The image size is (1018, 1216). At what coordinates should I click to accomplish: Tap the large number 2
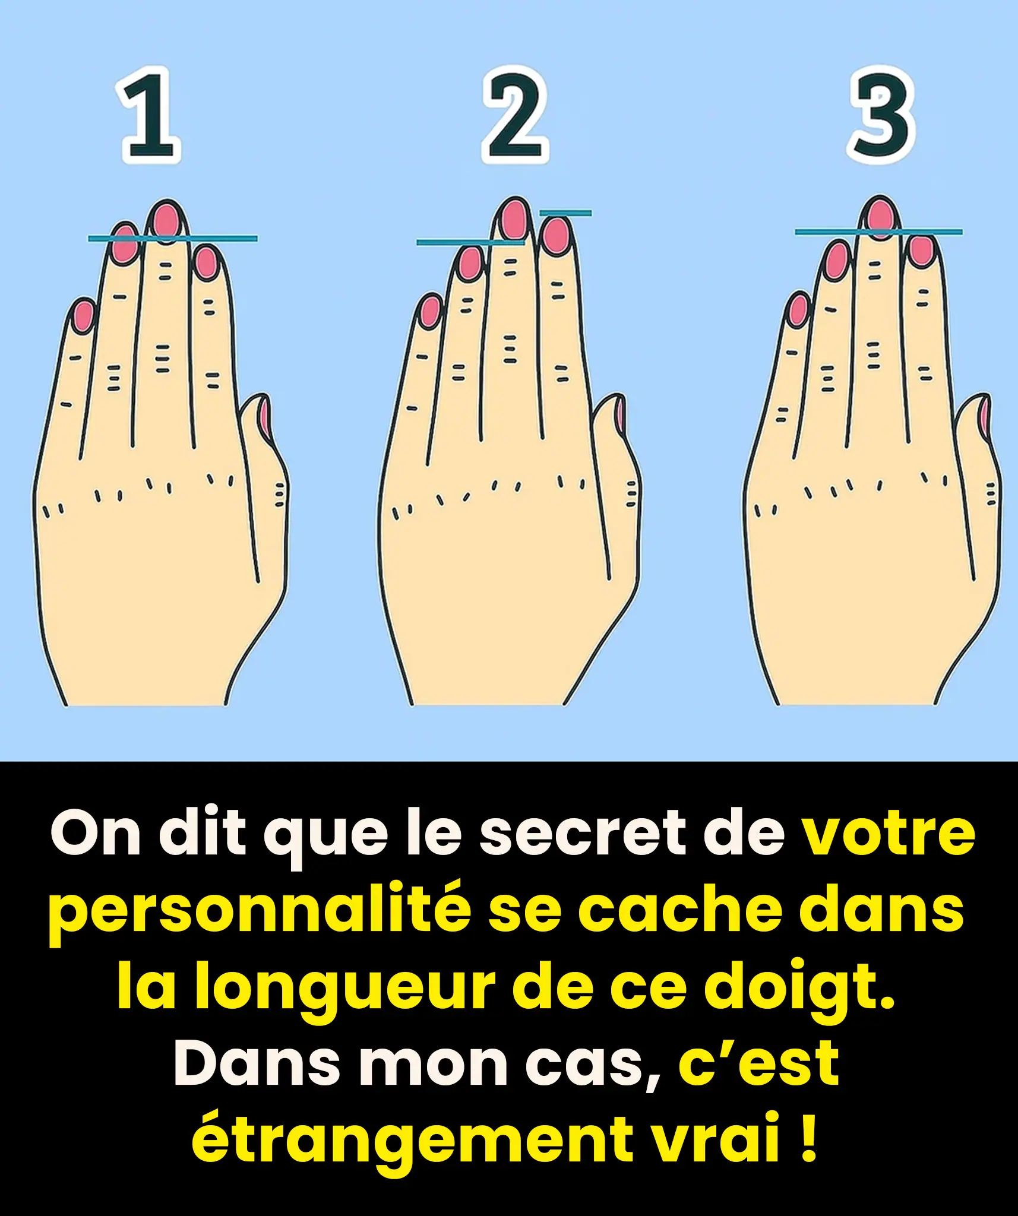click(514, 116)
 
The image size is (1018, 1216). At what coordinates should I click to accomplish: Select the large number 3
click(881, 116)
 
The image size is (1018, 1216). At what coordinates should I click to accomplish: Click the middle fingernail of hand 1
click(166, 220)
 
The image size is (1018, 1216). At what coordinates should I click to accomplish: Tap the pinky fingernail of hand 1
click(84, 315)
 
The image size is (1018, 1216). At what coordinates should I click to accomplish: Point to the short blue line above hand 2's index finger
click(565, 213)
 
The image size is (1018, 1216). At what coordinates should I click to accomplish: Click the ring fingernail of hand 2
click(470, 263)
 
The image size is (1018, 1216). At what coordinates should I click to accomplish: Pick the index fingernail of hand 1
click(206, 262)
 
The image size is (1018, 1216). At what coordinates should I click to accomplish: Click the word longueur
click(344, 988)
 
